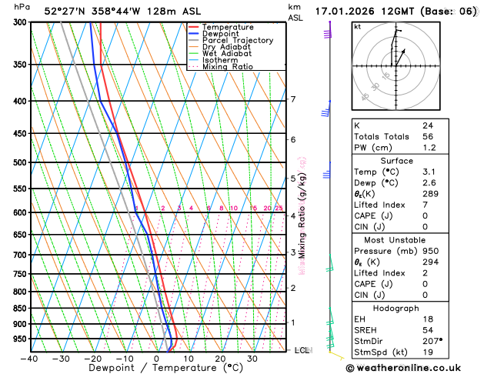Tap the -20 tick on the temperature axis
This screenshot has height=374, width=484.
(x=93, y=358)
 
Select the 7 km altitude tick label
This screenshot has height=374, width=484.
(x=293, y=99)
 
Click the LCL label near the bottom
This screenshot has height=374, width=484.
(x=302, y=350)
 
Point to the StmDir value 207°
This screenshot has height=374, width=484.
(x=432, y=341)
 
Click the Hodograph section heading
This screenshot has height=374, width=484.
(x=396, y=308)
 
